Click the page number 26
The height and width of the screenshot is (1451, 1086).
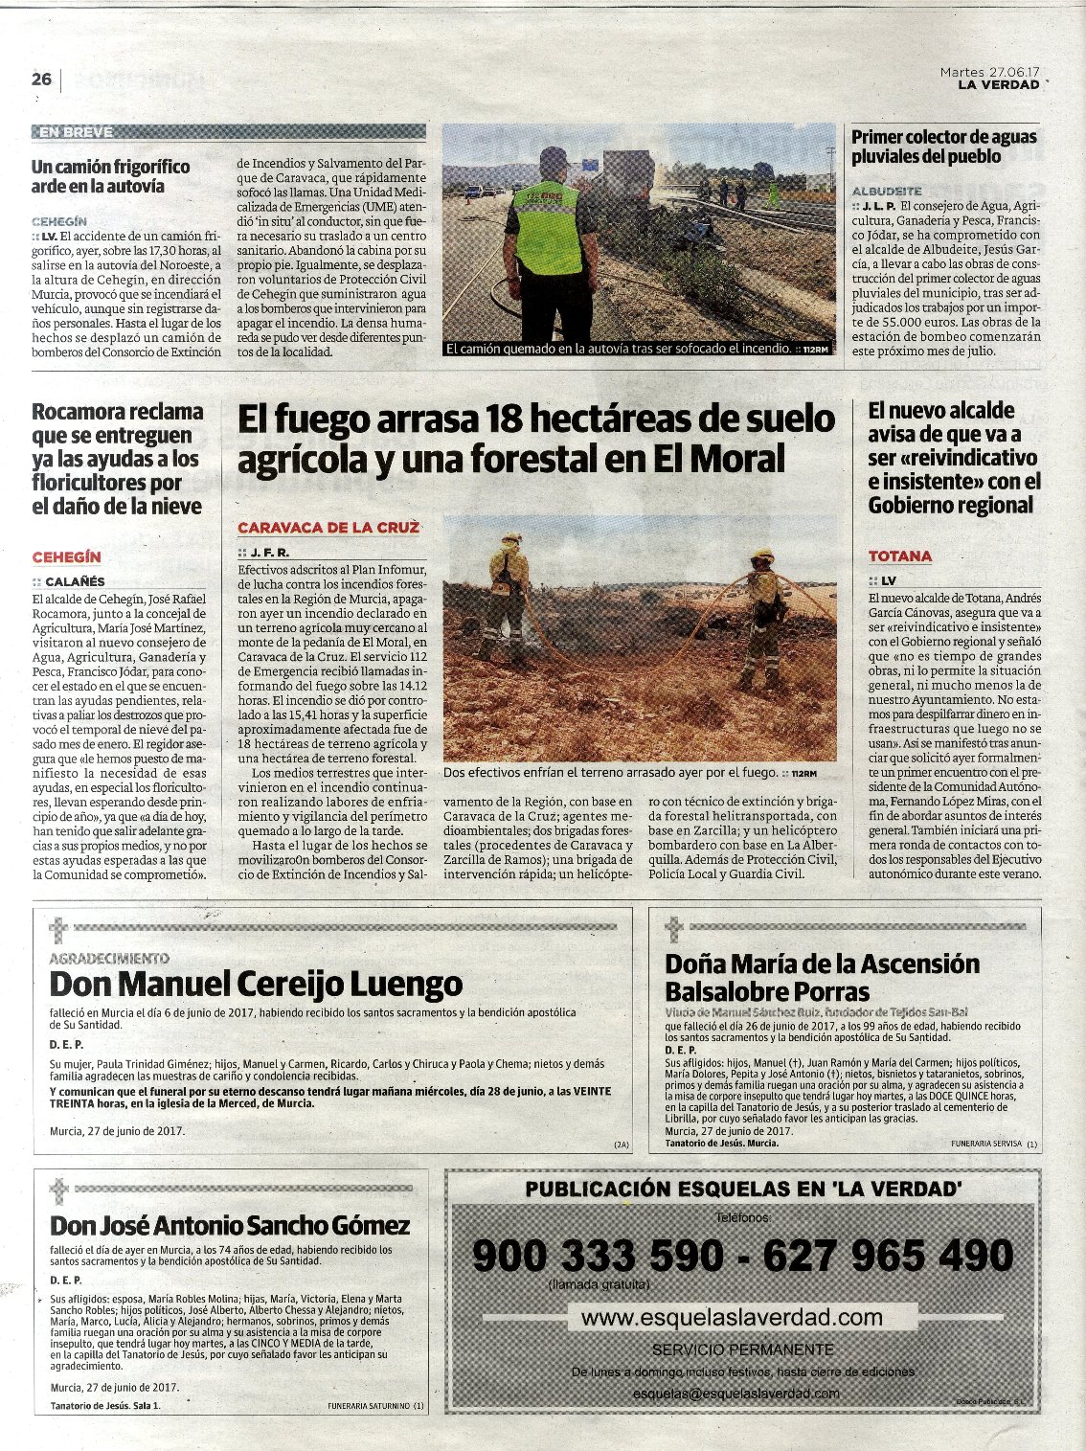pos(41,79)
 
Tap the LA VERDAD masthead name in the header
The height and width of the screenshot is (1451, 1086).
pos(999,84)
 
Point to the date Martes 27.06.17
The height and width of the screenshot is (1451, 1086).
pos(989,72)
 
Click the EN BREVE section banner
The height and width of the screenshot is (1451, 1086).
pos(75,131)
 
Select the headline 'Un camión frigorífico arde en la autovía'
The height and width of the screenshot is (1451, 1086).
pos(111,176)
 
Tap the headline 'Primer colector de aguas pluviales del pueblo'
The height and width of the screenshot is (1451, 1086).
pos(944,147)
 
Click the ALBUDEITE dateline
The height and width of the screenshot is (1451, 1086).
pos(887,191)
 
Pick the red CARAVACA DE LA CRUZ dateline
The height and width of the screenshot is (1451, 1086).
pos(328,528)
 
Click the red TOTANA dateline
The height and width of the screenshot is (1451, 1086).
pos(900,555)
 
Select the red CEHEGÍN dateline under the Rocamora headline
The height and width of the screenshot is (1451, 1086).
pos(66,556)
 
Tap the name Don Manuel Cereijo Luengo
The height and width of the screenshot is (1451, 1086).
pos(256,984)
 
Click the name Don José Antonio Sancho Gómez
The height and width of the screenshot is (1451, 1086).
pos(230,1225)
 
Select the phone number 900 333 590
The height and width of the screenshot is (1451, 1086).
pos(599,1255)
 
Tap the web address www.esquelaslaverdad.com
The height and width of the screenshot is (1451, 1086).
pos(732,1317)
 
